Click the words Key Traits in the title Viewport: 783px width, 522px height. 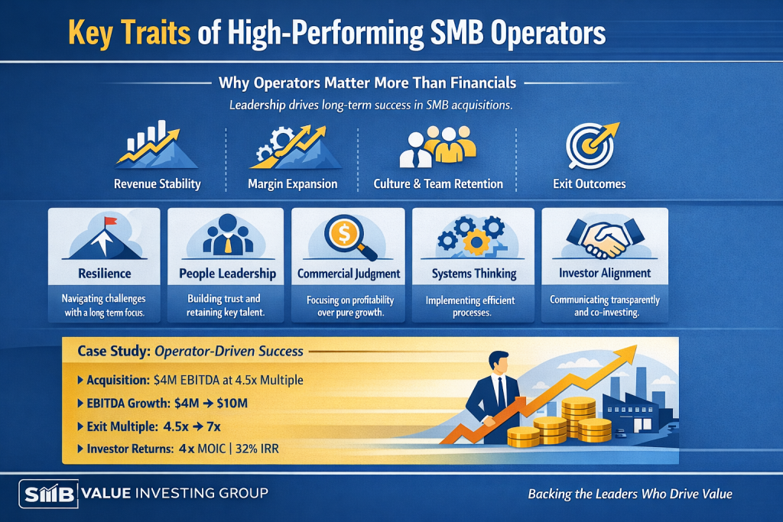128,33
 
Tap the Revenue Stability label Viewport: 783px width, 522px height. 158,184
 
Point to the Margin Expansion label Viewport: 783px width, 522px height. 293,184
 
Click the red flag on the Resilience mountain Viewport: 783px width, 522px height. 110,221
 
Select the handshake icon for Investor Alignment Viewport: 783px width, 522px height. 604,238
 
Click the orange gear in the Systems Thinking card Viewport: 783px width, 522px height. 476,242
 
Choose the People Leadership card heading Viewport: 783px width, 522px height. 227,274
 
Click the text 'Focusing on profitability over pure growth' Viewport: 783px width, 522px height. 350,306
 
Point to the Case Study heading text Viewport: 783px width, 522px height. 190,352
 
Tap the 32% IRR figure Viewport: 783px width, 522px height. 257,449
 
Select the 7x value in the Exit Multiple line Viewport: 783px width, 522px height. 214,426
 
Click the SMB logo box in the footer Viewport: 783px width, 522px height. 48,494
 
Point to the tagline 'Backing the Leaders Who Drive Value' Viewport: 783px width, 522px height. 630,494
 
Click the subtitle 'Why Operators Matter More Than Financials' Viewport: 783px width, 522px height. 368,83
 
